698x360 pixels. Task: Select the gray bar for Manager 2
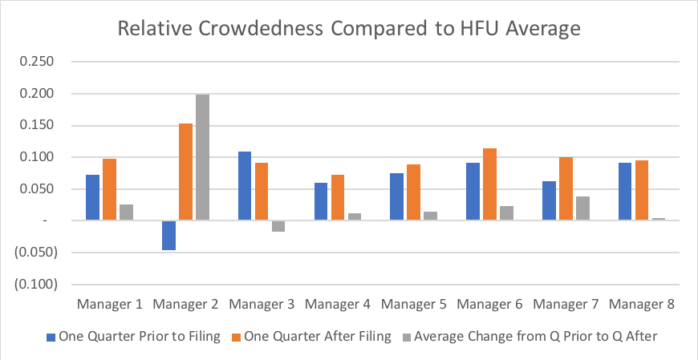pyautogui.click(x=203, y=157)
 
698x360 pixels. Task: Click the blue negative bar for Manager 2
pyautogui.click(x=168, y=235)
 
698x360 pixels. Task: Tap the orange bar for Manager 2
pyautogui.click(x=185, y=172)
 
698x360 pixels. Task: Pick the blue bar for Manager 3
pyautogui.click(x=244, y=185)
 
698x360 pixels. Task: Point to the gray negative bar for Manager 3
pyautogui.click(x=278, y=226)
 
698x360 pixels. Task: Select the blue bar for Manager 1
pyautogui.click(x=93, y=197)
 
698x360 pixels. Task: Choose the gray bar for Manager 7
pyautogui.click(x=582, y=208)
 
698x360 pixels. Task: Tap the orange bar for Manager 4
pyautogui.click(x=338, y=197)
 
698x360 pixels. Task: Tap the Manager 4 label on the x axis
pyautogui.click(x=338, y=305)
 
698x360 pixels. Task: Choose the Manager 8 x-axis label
pyautogui.click(x=641, y=305)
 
